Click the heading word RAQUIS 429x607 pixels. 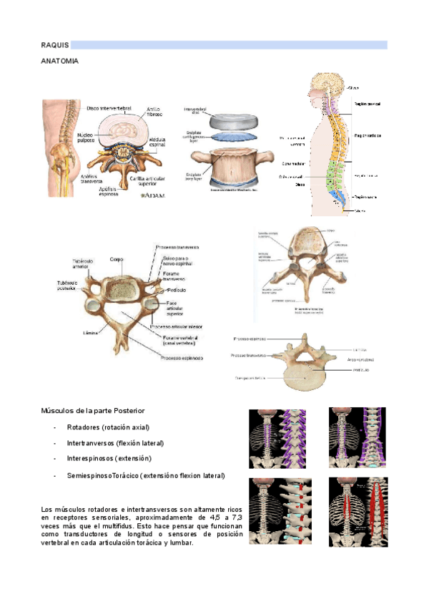[55, 45]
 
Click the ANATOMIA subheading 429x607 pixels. [60, 62]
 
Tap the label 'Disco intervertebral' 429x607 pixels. [109, 108]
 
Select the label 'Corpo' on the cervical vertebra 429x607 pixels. [116, 260]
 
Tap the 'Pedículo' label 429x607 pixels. [176, 291]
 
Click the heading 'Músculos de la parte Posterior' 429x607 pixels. [94, 412]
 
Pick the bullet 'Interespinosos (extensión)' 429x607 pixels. [109, 458]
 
